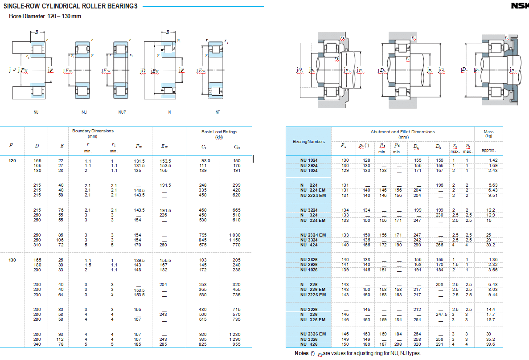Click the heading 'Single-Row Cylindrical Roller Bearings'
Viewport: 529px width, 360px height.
click(70, 6)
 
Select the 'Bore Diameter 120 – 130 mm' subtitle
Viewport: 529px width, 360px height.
click(45, 16)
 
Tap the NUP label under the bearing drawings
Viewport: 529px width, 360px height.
click(122, 112)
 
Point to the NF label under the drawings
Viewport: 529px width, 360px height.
click(217, 112)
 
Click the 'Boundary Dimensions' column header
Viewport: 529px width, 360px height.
click(93, 133)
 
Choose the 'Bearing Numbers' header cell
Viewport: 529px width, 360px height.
click(308, 141)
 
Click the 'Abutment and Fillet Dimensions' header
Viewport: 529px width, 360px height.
click(402, 134)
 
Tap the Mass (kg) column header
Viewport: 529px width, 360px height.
click(488, 134)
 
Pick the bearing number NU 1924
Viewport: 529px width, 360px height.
click(309, 160)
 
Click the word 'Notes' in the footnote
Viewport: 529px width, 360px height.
click(301, 353)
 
